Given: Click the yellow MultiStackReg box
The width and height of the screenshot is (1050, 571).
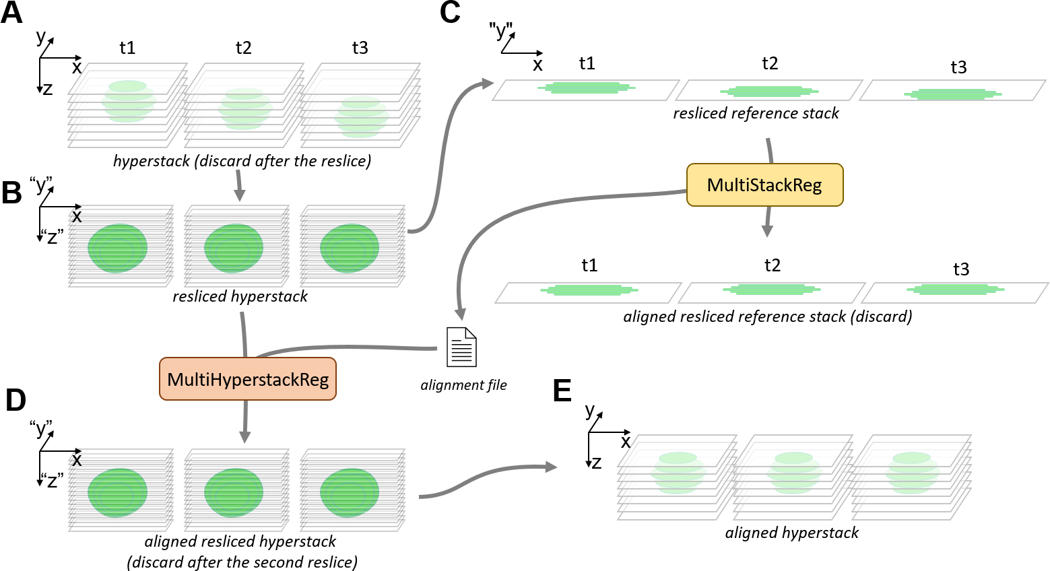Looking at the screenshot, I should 764,184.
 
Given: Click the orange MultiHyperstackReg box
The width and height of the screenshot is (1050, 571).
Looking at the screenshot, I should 248,379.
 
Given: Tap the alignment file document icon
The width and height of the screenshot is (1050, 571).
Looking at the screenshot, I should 461,347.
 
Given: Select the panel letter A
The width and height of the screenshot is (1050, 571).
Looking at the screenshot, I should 11,13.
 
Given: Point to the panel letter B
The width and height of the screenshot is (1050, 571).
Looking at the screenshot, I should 11,193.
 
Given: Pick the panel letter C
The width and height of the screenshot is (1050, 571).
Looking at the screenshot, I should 450,13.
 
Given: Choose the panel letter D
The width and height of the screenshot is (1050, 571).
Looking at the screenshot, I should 15,400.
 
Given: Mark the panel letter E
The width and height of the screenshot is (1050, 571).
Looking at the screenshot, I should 562,391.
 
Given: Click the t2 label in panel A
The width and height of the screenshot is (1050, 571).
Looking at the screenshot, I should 243,48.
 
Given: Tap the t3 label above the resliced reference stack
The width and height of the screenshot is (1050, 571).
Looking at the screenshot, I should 958,67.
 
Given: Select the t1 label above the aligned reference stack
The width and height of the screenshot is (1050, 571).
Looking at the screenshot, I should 589,265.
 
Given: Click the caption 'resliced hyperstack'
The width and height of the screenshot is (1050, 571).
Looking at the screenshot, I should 240,296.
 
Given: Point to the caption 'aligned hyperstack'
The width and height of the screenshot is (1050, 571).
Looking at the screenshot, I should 791,533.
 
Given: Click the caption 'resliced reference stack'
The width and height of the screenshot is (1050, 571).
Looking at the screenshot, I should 756,113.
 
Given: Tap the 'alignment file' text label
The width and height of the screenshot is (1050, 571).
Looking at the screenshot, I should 463,385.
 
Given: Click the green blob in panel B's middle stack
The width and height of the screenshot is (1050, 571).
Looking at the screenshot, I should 233,248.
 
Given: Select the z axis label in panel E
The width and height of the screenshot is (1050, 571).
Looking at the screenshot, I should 596,463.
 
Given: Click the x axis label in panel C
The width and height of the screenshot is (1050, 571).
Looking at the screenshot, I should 537,65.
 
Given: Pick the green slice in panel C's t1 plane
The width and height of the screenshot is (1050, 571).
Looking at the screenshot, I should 587,88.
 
